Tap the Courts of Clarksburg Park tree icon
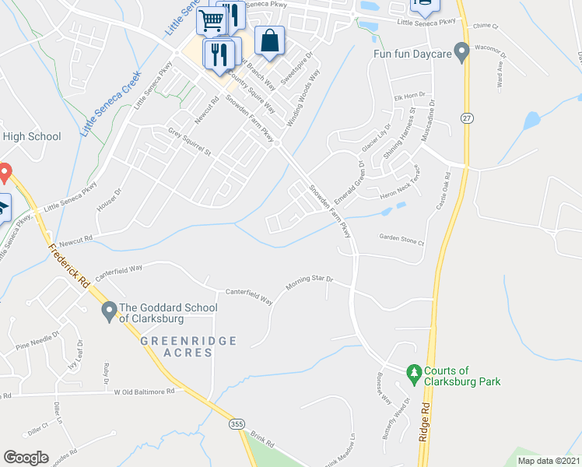click(x=414, y=375)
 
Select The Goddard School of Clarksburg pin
click(x=109, y=313)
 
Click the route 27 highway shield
click(x=467, y=118)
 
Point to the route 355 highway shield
click(x=237, y=424)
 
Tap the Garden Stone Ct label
click(x=401, y=240)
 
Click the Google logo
click(x=26, y=458)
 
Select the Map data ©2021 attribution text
click(x=547, y=461)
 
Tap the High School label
click(x=31, y=137)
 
